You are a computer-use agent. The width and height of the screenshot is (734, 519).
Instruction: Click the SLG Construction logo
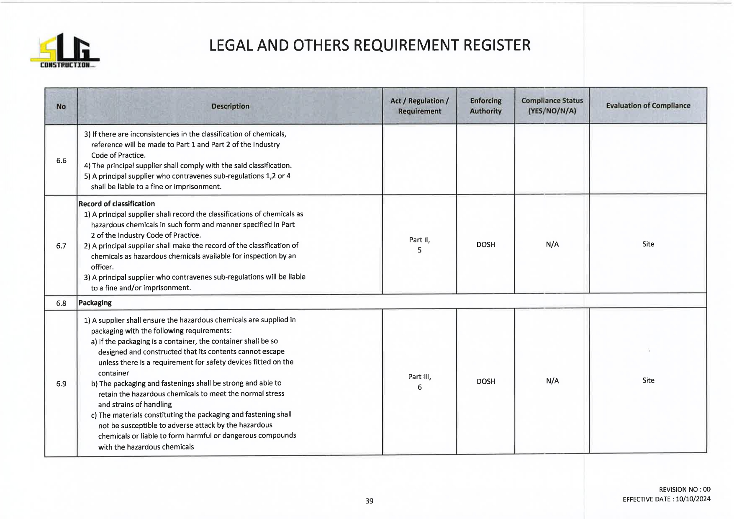click(65, 51)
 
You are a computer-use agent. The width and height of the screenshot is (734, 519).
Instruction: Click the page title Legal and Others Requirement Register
click(370, 45)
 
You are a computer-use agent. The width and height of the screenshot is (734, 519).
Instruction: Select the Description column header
click(230, 106)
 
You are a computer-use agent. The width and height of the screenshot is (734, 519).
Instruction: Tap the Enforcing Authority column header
click(485, 106)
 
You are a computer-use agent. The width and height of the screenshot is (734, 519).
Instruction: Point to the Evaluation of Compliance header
click(648, 105)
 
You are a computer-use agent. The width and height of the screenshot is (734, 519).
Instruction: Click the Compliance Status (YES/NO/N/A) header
click(552, 106)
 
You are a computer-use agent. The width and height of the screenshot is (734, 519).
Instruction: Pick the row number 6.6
click(61, 160)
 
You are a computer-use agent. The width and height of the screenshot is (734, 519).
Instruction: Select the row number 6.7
click(61, 246)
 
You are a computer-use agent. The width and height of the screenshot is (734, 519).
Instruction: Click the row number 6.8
click(61, 303)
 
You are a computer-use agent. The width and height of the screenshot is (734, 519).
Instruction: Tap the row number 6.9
click(61, 383)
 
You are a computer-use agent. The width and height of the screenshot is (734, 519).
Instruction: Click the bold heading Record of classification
click(117, 204)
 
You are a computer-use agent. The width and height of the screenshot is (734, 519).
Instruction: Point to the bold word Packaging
click(95, 303)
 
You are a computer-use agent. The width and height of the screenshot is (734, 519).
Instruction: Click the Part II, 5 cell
click(419, 245)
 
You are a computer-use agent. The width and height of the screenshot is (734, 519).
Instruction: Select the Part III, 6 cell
click(419, 382)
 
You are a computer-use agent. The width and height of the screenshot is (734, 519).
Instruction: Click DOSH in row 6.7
click(485, 244)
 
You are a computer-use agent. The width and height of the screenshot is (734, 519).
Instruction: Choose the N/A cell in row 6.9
click(552, 381)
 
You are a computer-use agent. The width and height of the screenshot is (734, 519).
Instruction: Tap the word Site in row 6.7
click(648, 244)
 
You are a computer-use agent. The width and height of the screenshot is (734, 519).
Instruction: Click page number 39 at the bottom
click(369, 501)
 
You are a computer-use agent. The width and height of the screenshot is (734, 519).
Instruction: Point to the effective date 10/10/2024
click(693, 499)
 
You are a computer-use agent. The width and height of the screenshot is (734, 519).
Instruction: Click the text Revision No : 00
click(684, 489)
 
